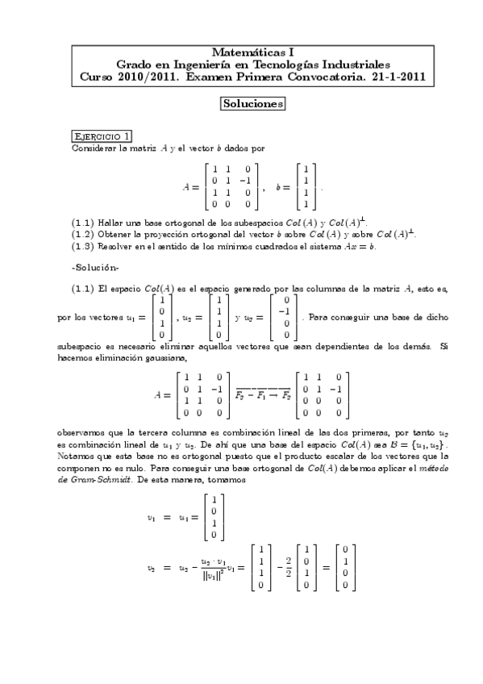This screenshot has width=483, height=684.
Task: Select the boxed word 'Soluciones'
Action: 252,104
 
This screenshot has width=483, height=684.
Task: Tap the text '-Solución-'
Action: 94,267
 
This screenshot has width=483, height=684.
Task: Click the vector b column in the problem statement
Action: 306,186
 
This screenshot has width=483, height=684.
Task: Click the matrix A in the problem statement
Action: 230,186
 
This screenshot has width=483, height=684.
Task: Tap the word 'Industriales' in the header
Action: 352,64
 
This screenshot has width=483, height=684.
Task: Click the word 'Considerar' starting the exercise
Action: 91,148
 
